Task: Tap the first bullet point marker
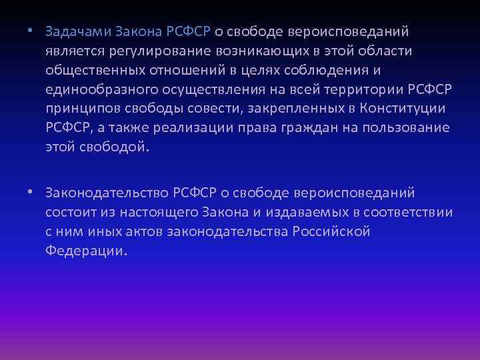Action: (x=31, y=31)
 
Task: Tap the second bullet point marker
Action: (x=31, y=193)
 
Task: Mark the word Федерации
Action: (x=85, y=251)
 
